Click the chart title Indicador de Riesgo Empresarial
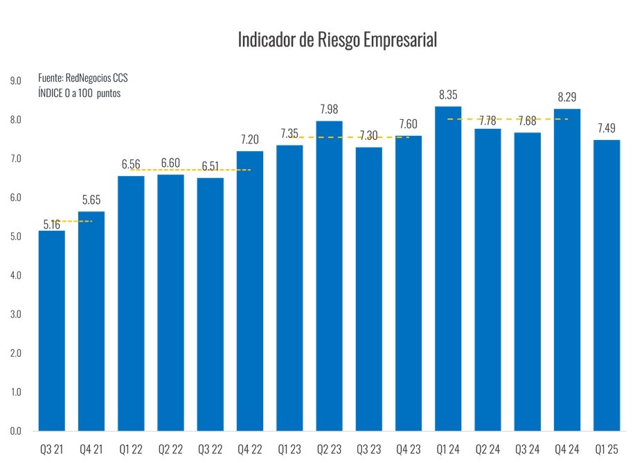tap(337, 40)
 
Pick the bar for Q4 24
tap(567, 270)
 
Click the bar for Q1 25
tap(607, 285)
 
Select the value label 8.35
tap(448, 95)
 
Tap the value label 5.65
tap(91, 201)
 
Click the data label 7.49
tap(607, 128)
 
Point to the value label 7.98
tap(329, 110)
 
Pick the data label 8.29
tap(567, 98)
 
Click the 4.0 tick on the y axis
tap(15, 276)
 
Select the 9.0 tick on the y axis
tap(15, 81)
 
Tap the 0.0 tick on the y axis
tap(15, 431)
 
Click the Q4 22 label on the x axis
tap(250, 449)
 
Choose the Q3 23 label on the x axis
tap(369, 449)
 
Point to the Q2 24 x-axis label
tap(488, 449)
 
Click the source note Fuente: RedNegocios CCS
tap(83, 78)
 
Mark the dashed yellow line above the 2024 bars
tap(508, 119)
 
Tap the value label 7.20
tap(250, 139)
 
